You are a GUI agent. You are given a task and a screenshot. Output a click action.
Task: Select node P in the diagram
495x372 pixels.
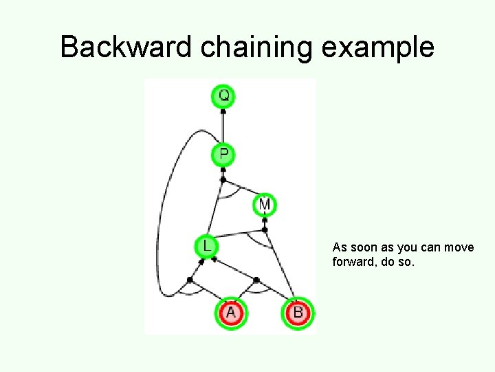pos(223,154)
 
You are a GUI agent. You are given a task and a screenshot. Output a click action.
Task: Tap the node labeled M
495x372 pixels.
pos(264,205)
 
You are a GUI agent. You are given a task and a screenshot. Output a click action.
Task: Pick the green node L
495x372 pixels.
pos(206,245)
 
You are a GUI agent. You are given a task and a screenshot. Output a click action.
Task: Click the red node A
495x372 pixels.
pos(230,313)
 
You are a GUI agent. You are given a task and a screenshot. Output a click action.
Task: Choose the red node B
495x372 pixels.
pos(298,313)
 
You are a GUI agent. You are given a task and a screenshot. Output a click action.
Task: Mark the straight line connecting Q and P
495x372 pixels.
pos(223,125)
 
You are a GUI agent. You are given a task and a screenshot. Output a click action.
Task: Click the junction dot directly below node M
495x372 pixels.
pos(265,229)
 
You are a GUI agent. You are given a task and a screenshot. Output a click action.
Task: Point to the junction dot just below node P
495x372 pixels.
pos(223,180)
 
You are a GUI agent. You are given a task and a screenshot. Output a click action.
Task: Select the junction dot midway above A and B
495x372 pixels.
pos(256,280)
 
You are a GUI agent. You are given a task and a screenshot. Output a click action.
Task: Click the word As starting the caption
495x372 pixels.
pos(340,247)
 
